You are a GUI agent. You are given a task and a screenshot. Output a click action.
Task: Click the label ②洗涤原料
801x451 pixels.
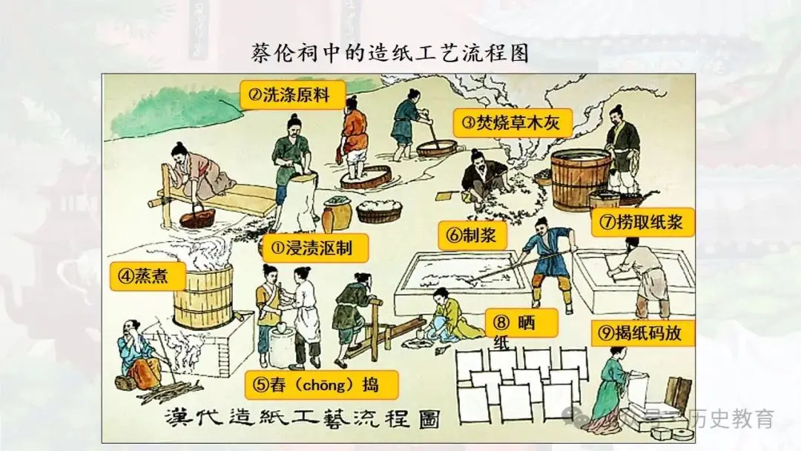coord(292,94)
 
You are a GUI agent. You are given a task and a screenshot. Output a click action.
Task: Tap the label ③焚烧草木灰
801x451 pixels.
coord(512,123)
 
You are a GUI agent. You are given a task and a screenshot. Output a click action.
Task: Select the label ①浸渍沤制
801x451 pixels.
coord(315,248)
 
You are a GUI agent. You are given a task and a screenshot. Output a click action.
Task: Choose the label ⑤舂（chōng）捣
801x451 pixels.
coord(321,385)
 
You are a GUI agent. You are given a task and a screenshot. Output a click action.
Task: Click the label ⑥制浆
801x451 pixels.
coord(472,235)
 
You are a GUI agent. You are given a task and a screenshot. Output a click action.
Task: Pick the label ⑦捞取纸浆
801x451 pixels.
coord(642,221)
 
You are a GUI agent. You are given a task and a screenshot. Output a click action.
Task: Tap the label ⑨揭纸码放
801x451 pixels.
coord(643,333)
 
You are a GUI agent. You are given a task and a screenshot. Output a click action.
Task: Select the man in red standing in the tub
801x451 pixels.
coord(355,138)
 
